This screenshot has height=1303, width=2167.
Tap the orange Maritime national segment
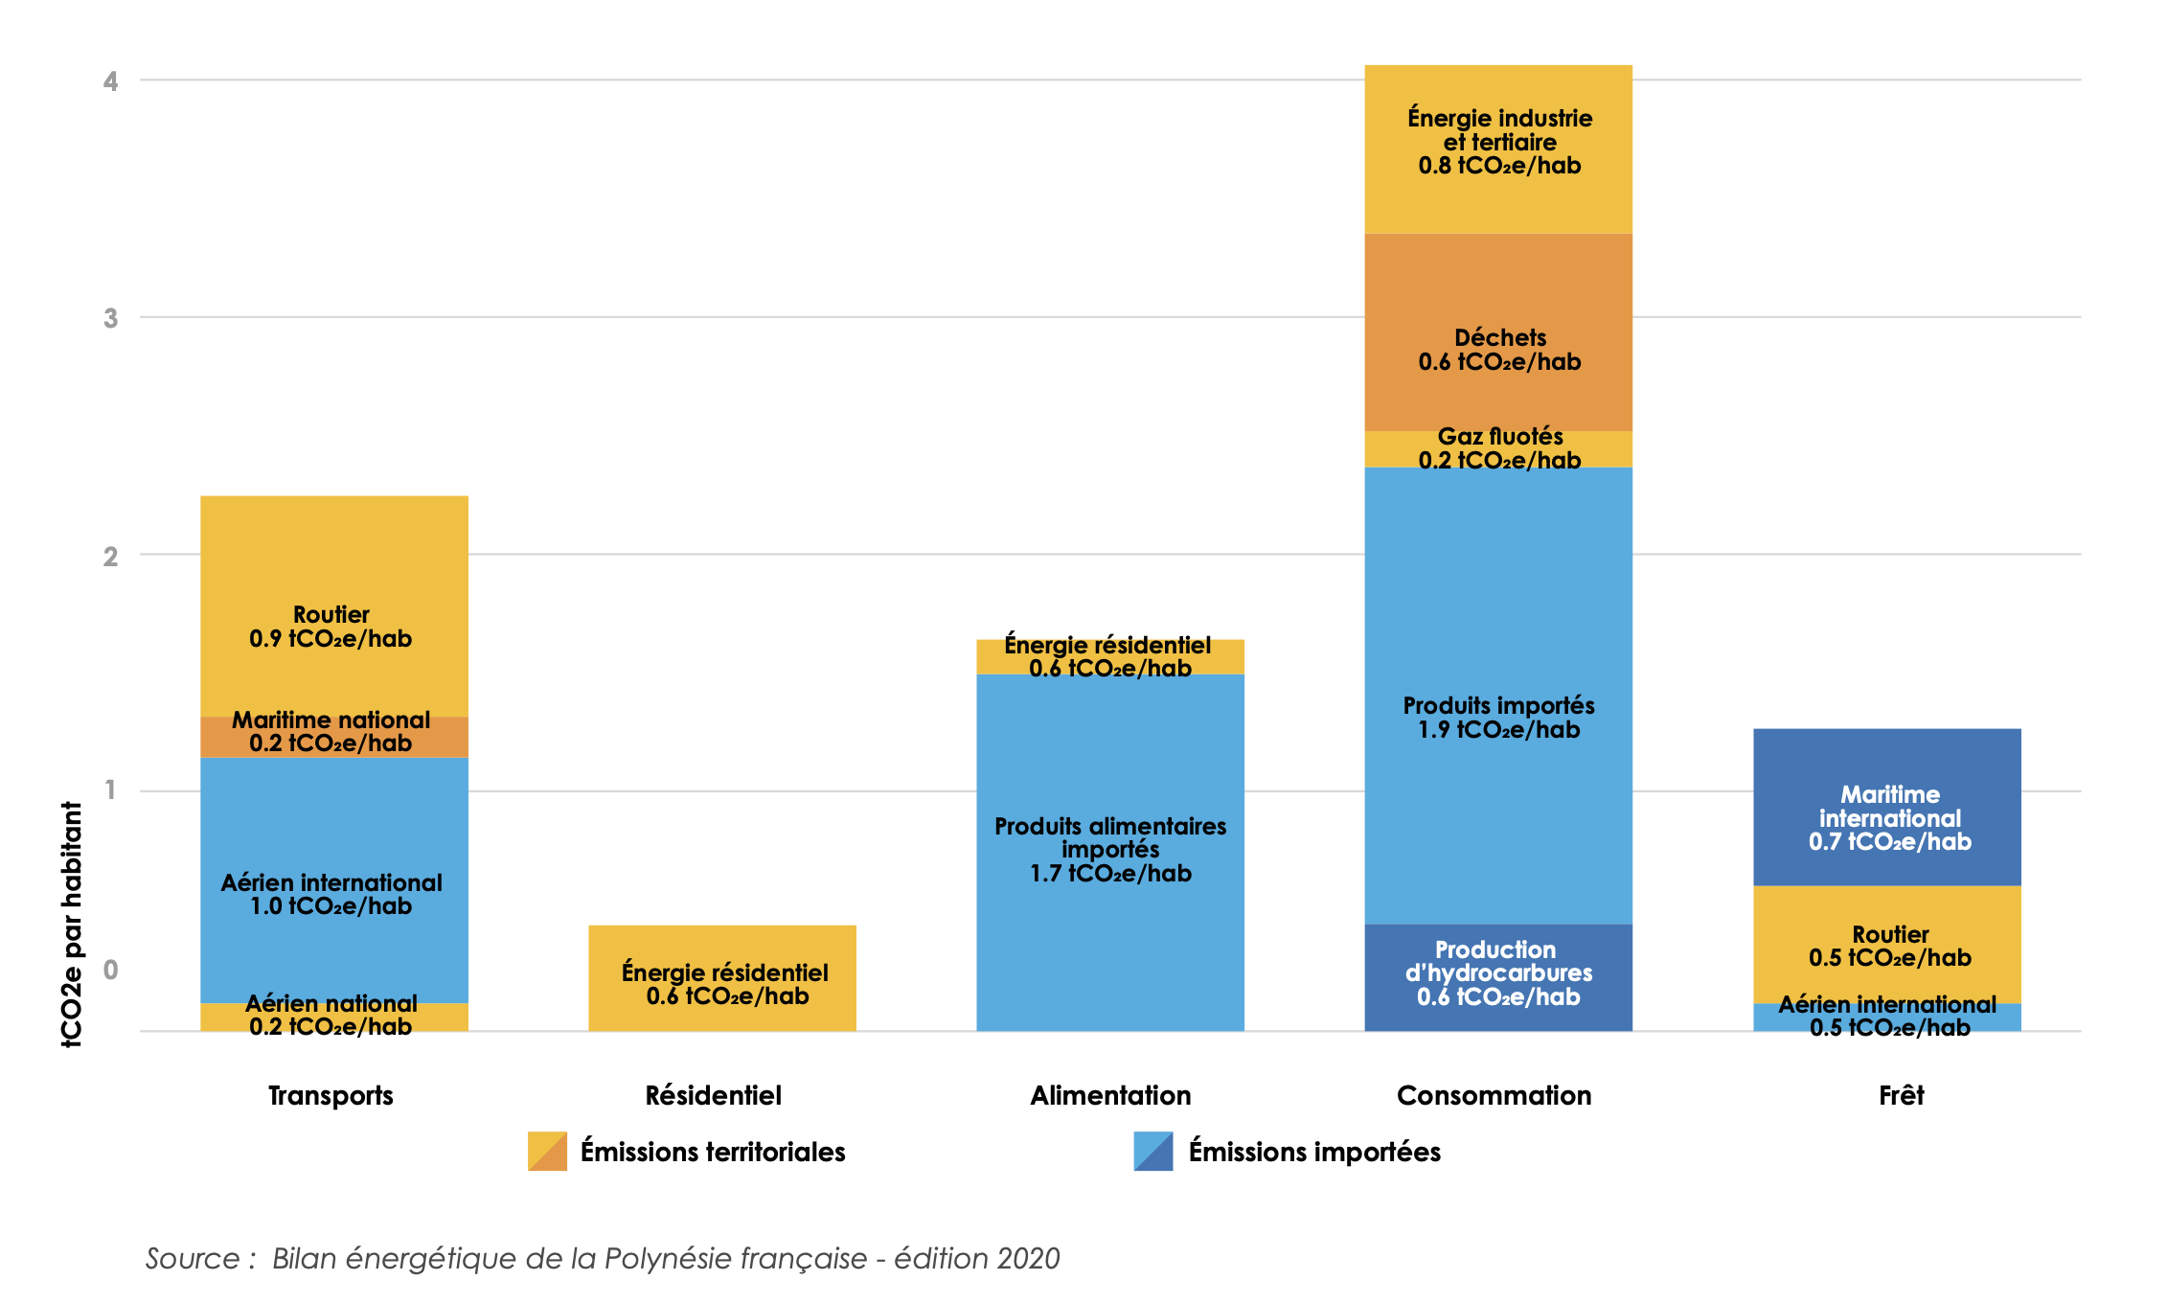pos(333,736)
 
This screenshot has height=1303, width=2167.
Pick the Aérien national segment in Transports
pos(333,1017)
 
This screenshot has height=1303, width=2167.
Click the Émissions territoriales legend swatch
pos(547,1151)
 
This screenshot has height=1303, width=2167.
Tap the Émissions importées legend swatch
pos(1152,1151)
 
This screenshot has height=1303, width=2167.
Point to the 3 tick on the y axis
pos(111,318)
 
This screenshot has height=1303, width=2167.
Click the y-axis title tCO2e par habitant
pos(72,924)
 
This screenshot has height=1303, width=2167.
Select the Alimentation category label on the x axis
pos(1110,1095)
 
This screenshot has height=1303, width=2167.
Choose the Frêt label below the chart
pos(1901,1095)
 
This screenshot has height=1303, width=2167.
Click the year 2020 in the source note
pos(1028,1258)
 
